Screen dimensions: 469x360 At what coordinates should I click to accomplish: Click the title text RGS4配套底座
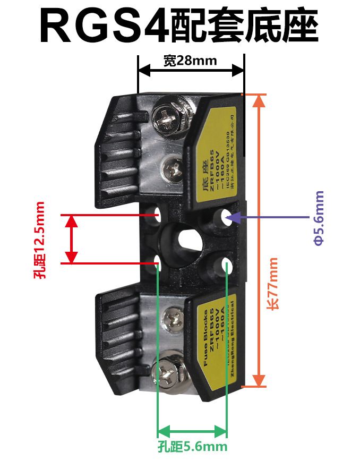pos(179,27)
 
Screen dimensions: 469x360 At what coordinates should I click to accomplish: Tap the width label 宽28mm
pos(190,61)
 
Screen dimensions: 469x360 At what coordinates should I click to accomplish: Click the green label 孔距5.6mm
pos(192,447)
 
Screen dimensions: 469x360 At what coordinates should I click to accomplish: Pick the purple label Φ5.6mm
pos(319,218)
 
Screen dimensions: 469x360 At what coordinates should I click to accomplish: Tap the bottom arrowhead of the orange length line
pos(259,381)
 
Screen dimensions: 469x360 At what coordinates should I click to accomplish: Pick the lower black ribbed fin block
pos(118,335)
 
